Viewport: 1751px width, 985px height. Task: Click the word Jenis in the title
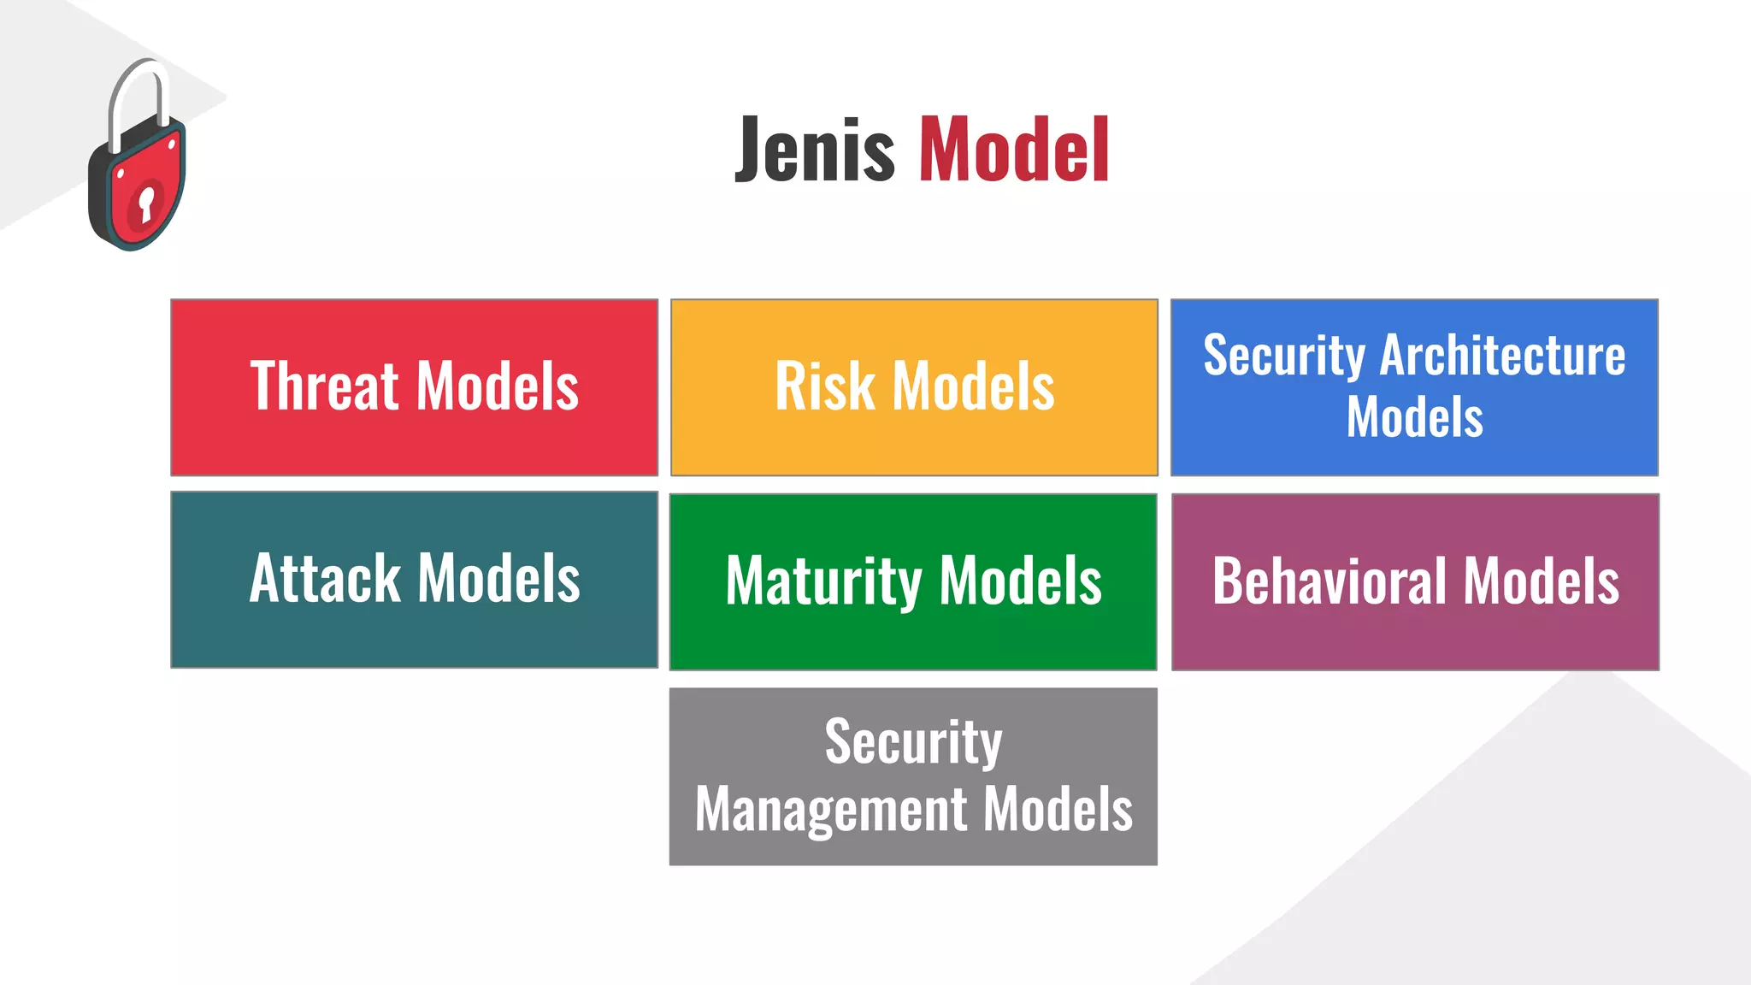click(x=815, y=150)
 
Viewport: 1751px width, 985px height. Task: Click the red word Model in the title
click(x=1014, y=150)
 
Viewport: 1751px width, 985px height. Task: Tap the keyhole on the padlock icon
click(x=146, y=203)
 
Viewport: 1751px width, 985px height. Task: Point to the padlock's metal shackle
click(x=137, y=94)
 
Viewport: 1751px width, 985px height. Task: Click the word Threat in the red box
click(x=325, y=386)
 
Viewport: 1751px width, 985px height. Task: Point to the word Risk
click(x=824, y=386)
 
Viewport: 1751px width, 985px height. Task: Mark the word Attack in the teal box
click(x=325, y=579)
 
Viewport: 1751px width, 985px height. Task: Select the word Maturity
click(x=822, y=581)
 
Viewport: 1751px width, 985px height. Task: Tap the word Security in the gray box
click(x=913, y=741)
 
